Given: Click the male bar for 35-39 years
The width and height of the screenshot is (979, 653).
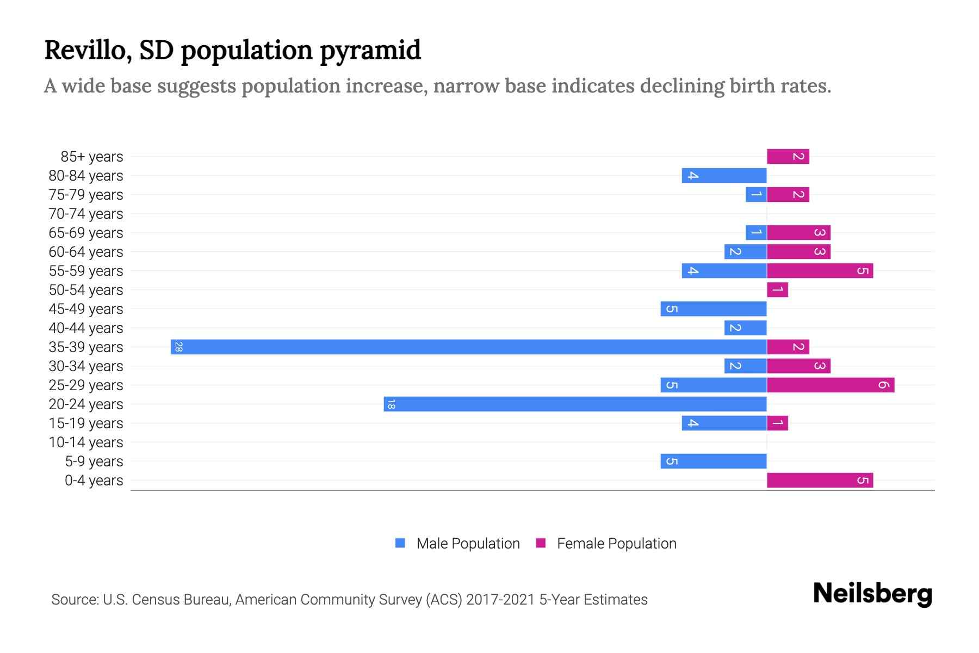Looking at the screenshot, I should [x=468, y=347].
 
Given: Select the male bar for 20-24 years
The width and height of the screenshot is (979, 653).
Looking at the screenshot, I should [x=575, y=404].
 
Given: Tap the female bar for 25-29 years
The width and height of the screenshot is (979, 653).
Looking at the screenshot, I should [x=831, y=385].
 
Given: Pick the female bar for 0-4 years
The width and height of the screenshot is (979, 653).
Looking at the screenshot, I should [x=820, y=480].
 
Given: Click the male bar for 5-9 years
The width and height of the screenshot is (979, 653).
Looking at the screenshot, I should [x=714, y=461].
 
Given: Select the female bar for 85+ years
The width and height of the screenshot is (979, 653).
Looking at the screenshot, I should [x=788, y=157].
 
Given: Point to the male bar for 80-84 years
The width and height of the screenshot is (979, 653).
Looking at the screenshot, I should [x=724, y=176].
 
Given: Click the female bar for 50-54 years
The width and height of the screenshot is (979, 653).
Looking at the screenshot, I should [x=777, y=290].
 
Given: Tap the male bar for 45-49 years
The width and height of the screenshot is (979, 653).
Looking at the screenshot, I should [x=714, y=309].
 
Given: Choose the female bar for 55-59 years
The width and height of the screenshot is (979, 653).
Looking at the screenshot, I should [x=820, y=271].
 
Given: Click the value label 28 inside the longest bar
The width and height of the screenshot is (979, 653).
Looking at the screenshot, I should [x=178, y=347].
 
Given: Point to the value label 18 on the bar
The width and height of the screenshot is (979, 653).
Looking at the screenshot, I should [x=391, y=404].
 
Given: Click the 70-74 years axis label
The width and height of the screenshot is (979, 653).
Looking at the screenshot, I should [x=86, y=214].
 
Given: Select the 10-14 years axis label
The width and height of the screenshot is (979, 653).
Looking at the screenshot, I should [x=86, y=442].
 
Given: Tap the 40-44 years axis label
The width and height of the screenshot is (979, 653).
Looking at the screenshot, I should [x=86, y=328].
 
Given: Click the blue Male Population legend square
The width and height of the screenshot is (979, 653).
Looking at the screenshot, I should [x=400, y=543].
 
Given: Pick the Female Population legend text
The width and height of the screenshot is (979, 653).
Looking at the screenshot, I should [x=616, y=544].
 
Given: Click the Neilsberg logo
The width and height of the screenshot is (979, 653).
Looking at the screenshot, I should [x=872, y=594].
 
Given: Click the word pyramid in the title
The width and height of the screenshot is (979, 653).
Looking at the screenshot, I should [x=370, y=51].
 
